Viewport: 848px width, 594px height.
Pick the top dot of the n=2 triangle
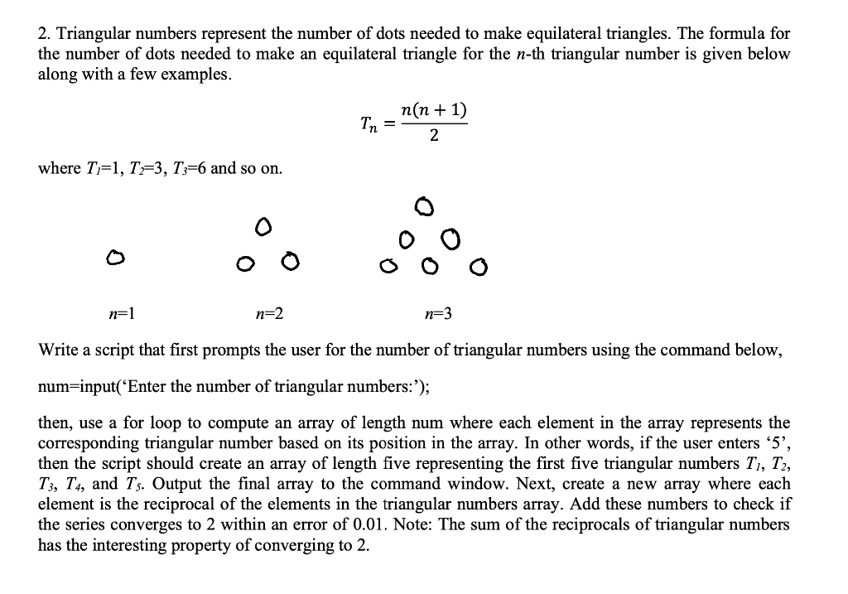tap(262, 225)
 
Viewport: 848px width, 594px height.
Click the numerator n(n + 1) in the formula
tap(433, 111)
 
